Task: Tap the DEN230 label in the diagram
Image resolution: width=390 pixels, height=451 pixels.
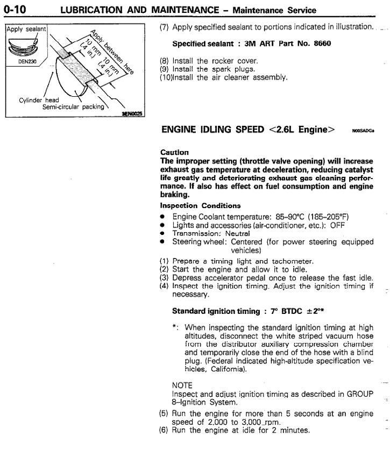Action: click(21, 61)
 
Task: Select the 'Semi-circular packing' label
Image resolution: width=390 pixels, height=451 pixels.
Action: click(72, 106)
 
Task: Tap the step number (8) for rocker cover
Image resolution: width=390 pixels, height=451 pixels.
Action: click(165, 61)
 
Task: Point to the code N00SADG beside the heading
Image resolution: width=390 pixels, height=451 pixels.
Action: click(363, 131)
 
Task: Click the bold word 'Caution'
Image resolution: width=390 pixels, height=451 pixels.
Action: click(174, 153)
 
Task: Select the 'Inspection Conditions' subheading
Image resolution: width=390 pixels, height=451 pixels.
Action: click(200, 205)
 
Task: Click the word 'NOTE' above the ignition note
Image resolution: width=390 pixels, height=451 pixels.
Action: click(182, 385)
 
